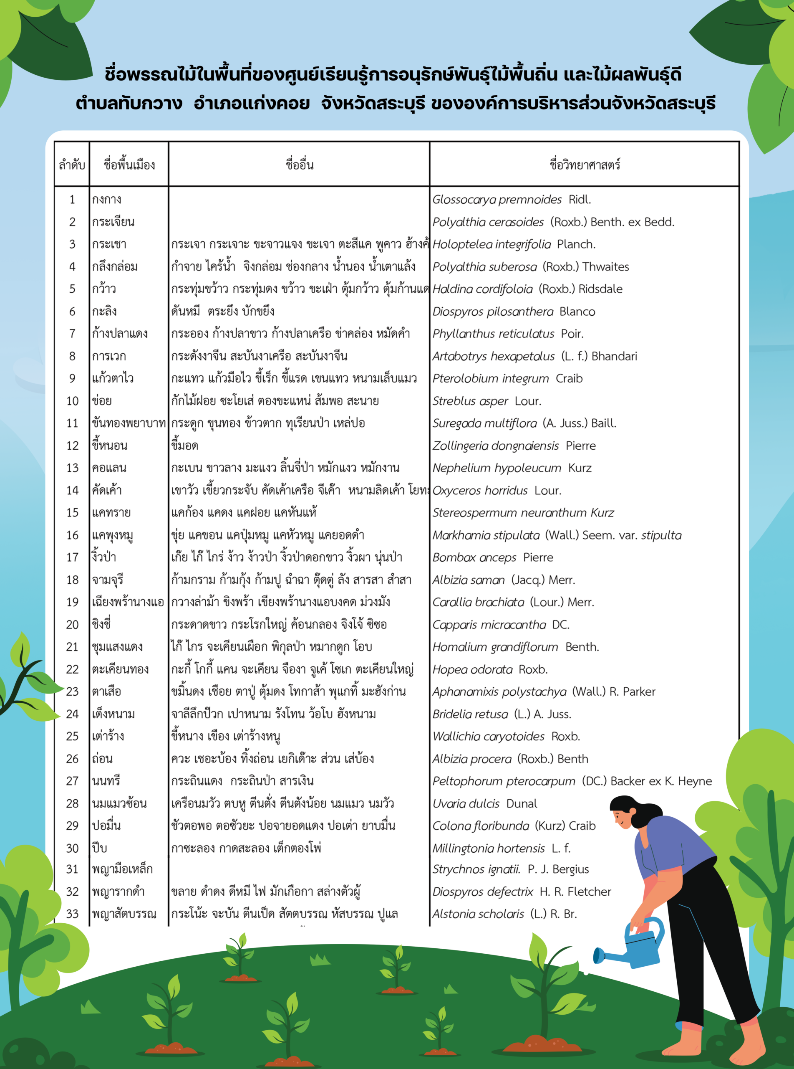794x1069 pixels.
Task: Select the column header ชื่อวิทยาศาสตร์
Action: pyautogui.click(x=585, y=165)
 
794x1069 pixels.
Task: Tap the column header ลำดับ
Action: pyautogui.click(x=72, y=165)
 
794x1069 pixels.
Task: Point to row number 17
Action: pyautogui.click(x=72, y=557)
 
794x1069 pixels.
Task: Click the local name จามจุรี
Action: pyautogui.click(x=108, y=580)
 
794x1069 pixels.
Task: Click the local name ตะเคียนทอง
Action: pyautogui.click(x=120, y=669)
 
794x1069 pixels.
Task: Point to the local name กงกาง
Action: pyautogui.click(x=107, y=200)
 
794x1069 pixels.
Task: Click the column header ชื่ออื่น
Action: pyautogui.click(x=299, y=165)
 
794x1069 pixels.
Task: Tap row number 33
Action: pyautogui.click(x=72, y=914)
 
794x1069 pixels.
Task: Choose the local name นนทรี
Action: pyautogui.click(x=106, y=781)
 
